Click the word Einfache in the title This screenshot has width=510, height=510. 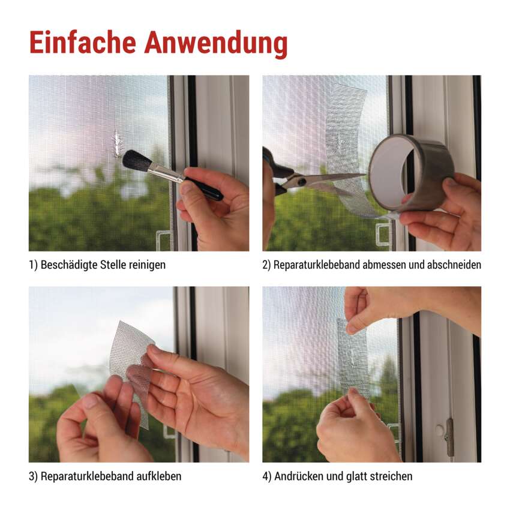click(83, 43)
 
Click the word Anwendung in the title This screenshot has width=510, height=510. click(216, 44)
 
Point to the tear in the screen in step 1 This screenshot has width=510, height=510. click(117, 144)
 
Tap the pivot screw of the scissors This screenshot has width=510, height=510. click(302, 181)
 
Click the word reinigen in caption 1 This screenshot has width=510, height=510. click(148, 265)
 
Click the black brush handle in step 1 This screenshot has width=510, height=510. click(203, 188)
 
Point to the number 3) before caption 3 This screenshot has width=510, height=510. click(33, 476)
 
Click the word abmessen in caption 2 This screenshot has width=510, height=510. click(384, 265)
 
